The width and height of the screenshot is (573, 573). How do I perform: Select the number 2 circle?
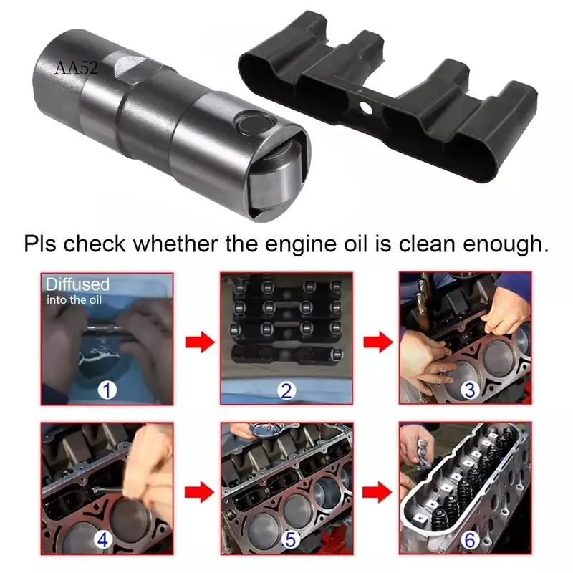[286, 390]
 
